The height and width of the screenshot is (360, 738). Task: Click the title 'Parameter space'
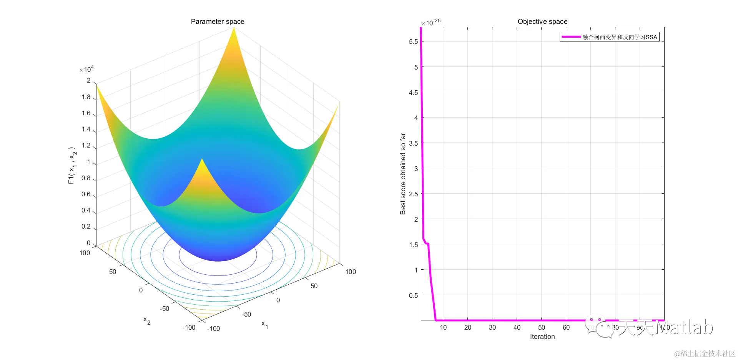click(218, 22)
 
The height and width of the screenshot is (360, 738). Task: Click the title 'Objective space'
click(542, 22)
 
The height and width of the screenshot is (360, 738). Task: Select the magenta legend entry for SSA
click(609, 37)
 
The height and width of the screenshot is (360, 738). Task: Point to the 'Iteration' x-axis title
click(542, 337)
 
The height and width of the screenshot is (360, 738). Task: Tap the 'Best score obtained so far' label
click(403, 174)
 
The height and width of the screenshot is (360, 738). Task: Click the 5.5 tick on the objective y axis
click(413, 41)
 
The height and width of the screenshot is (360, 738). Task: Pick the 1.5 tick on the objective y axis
click(413, 245)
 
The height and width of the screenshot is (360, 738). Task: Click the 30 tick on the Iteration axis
click(492, 327)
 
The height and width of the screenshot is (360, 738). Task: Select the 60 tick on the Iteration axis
click(566, 327)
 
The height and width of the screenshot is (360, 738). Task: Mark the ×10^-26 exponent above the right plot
click(431, 22)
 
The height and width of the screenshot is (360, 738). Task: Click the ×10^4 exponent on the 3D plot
click(86, 69)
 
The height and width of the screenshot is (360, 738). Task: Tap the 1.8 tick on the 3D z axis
click(86, 97)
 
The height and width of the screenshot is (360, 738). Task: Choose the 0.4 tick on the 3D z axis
click(86, 210)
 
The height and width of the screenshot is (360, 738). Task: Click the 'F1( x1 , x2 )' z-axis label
click(72, 165)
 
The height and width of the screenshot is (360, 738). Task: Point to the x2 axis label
click(147, 320)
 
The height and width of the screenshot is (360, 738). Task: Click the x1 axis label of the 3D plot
click(265, 324)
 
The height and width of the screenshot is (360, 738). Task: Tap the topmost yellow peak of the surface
click(234, 29)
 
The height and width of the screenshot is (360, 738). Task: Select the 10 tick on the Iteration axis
click(443, 327)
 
